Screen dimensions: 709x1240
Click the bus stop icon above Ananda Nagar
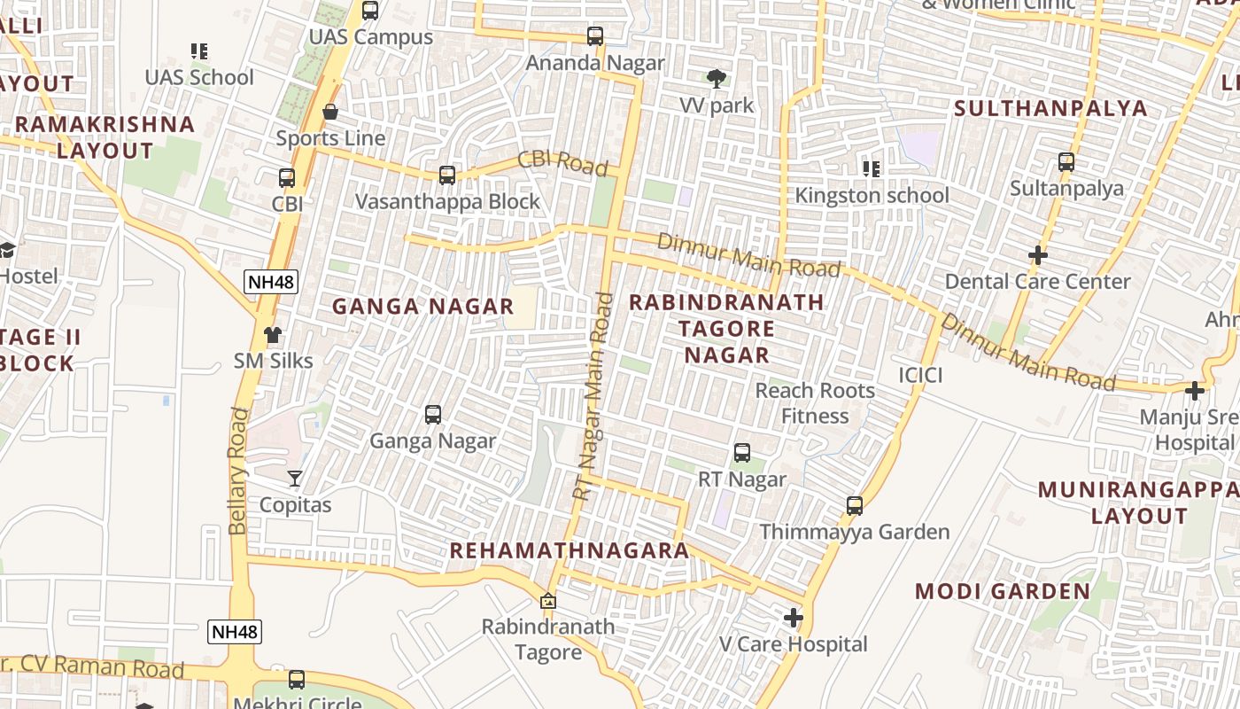coord(595,36)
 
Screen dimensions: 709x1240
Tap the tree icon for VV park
coord(717,79)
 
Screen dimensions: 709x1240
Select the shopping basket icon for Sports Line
coord(330,112)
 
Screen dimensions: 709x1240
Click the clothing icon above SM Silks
coord(273,335)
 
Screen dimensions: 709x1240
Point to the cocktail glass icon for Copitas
coord(295,479)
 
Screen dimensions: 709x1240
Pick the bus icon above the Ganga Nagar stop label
coord(433,414)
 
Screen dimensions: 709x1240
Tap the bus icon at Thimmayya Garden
coord(855,505)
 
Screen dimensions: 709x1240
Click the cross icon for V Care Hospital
coord(794,617)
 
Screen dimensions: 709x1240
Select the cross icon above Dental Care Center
coord(1037,255)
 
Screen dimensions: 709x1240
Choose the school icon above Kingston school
coord(872,168)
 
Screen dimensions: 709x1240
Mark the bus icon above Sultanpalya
coord(1066,162)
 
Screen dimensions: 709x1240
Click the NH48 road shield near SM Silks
coord(271,283)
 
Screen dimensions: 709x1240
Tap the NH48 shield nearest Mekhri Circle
coord(235,632)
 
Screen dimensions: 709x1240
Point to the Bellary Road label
coord(237,471)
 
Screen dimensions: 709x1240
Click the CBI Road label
coord(562,163)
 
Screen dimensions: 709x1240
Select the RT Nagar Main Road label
coord(593,395)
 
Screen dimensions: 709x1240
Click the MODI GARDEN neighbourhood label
coord(1003,591)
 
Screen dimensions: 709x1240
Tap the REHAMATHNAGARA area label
coord(569,550)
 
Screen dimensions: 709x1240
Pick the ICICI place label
coord(920,375)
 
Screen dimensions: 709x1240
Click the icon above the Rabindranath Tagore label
coord(548,601)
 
